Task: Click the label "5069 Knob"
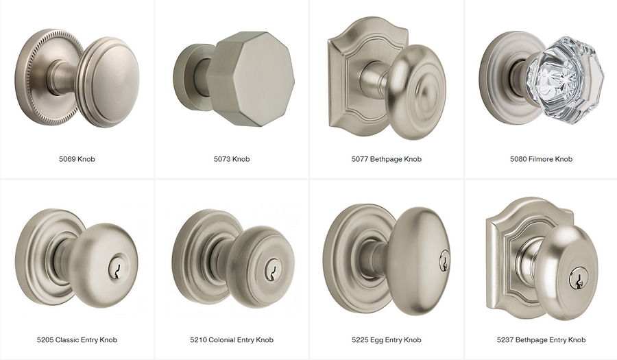77,159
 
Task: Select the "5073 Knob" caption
232,159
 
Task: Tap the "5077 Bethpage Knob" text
387,159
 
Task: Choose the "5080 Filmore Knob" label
541,159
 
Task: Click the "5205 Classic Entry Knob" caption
77,339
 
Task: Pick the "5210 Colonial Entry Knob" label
232,339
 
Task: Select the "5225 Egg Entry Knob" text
387,339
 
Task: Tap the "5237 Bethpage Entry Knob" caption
541,339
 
